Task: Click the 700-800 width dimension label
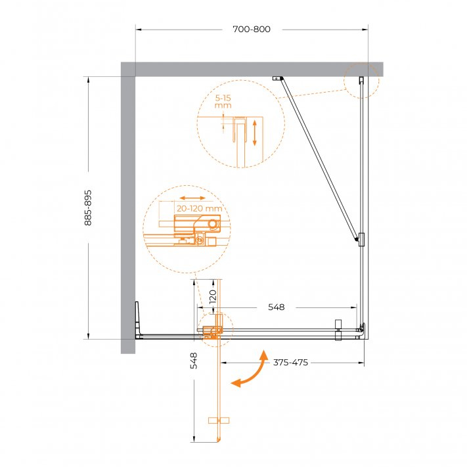[x=252, y=29]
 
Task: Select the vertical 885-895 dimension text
[x=88, y=208]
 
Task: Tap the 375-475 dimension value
[x=290, y=363]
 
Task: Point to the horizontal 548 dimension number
[x=276, y=307]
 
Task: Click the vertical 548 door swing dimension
[x=194, y=361]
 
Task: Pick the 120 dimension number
[x=212, y=296]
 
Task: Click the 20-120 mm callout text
[x=199, y=208]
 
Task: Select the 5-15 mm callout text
[x=223, y=102]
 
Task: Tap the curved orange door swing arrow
[x=250, y=371]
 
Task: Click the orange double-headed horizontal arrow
[x=192, y=198]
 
